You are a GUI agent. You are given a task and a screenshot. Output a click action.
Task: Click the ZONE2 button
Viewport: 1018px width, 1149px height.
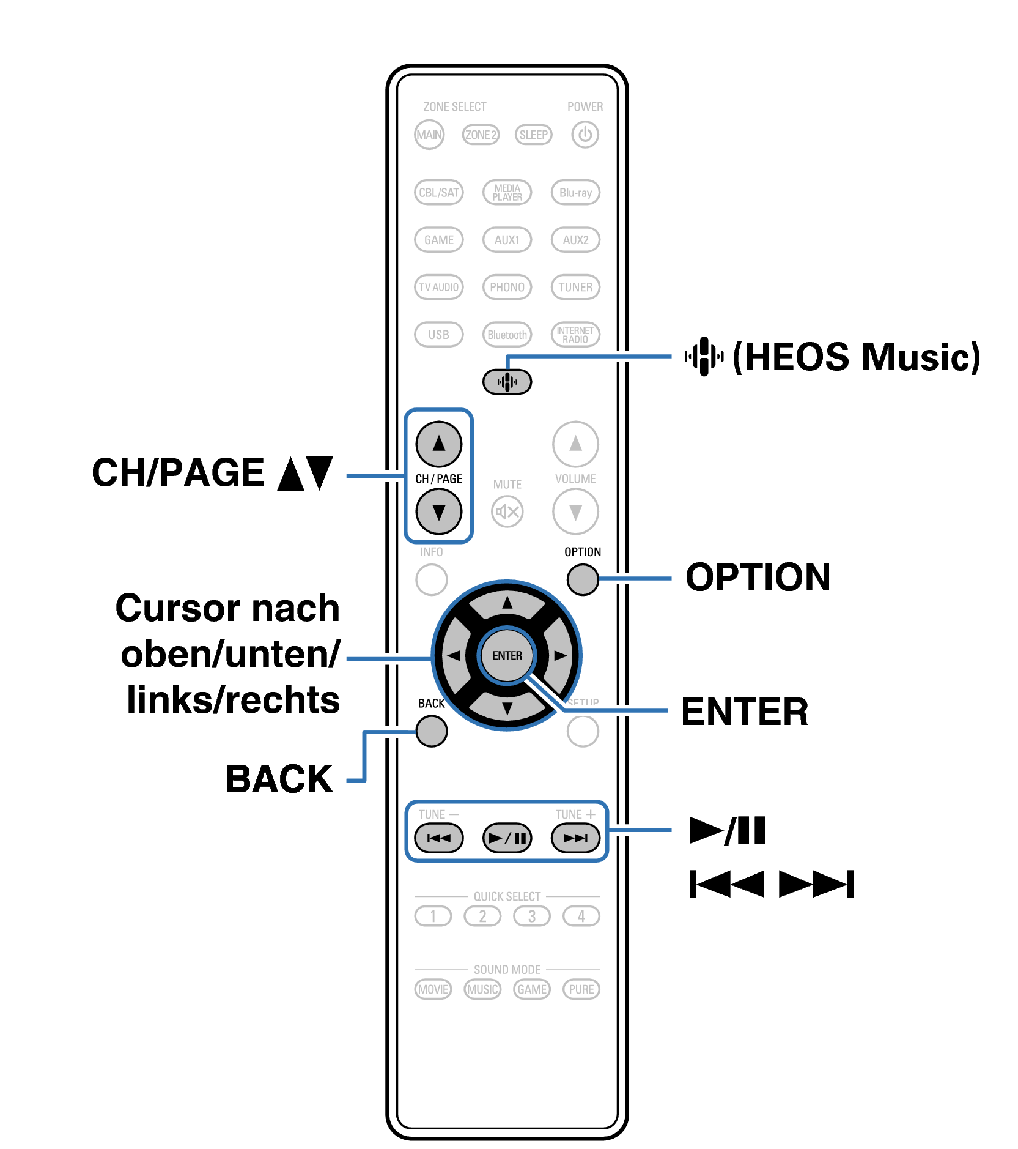pyautogui.click(x=481, y=135)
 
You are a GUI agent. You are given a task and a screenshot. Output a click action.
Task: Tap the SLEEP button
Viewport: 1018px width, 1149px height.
pyautogui.click(x=533, y=135)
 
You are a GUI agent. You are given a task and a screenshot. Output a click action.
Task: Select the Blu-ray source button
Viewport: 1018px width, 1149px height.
pyautogui.click(x=575, y=193)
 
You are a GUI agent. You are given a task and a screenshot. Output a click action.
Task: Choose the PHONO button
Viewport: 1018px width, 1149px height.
pyautogui.click(x=507, y=287)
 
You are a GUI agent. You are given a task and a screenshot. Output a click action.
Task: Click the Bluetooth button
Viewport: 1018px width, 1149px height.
pyautogui.click(x=507, y=335)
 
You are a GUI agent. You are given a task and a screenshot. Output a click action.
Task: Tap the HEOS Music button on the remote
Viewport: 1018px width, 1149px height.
pyautogui.click(x=507, y=382)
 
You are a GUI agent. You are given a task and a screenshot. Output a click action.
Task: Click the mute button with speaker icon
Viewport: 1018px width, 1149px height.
pyautogui.click(x=507, y=511)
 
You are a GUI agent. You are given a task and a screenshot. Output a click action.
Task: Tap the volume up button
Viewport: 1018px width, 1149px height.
pyautogui.click(x=575, y=444)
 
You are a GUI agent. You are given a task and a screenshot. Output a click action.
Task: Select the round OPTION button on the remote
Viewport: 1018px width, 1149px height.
pyautogui.click(x=583, y=579)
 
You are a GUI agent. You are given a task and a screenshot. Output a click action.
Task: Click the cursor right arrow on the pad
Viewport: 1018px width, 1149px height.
pyautogui.click(x=560, y=656)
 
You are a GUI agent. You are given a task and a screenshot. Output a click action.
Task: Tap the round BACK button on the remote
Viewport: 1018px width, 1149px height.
pyautogui.click(x=432, y=731)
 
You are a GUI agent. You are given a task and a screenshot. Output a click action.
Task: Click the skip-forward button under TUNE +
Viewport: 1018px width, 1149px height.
pyautogui.click(x=575, y=838)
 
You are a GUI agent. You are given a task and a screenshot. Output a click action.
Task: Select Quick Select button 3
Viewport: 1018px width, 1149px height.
pyautogui.click(x=532, y=916)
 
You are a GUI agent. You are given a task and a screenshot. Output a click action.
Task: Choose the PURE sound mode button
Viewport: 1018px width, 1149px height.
pyautogui.click(x=581, y=989)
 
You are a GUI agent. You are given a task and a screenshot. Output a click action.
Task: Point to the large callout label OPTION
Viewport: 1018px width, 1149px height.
pyautogui.click(x=758, y=577)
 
